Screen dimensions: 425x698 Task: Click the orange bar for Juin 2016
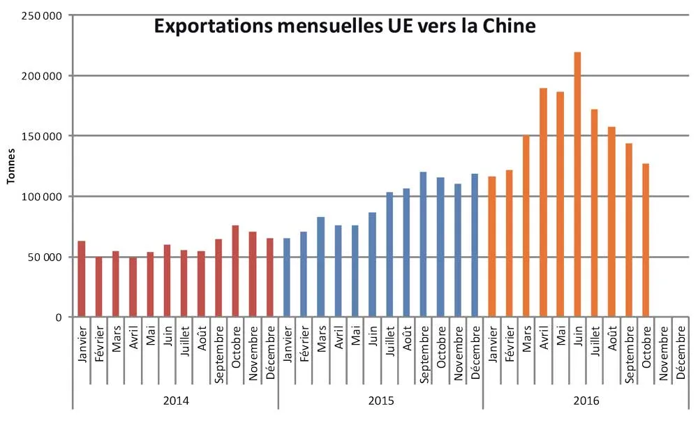(x=577, y=185)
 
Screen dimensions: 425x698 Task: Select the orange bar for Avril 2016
(x=543, y=202)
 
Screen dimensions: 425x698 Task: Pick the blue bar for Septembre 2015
(x=423, y=244)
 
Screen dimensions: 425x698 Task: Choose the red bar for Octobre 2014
(x=235, y=271)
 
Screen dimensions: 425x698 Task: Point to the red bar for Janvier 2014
(x=82, y=279)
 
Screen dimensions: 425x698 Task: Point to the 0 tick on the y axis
(x=59, y=317)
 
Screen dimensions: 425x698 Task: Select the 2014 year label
(x=176, y=401)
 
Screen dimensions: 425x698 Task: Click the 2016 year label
(x=586, y=401)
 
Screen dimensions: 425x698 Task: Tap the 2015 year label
(x=381, y=401)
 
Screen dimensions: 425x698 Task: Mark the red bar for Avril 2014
(x=133, y=287)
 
